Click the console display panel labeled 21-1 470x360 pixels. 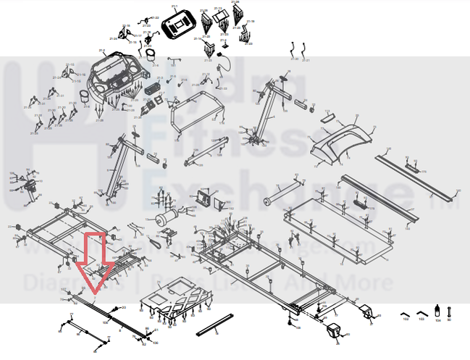pyautogui.click(x=176, y=26)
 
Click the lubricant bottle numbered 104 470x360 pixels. pyautogui.click(x=437, y=310)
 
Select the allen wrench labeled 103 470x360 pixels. pyautogui.click(x=421, y=313)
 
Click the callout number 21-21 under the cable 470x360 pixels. pyautogui.click(x=306, y=61)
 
